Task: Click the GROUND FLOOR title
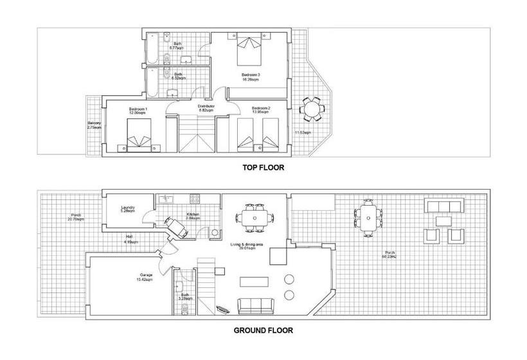[x=263, y=331]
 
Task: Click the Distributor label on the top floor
[x=206, y=108]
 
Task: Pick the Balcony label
[x=94, y=125]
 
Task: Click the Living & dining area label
[x=246, y=246]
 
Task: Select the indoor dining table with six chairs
[x=256, y=216]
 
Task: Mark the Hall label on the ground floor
[x=129, y=240]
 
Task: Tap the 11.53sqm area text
[x=303, y=133]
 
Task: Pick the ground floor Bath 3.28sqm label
[x=184, y=298]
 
